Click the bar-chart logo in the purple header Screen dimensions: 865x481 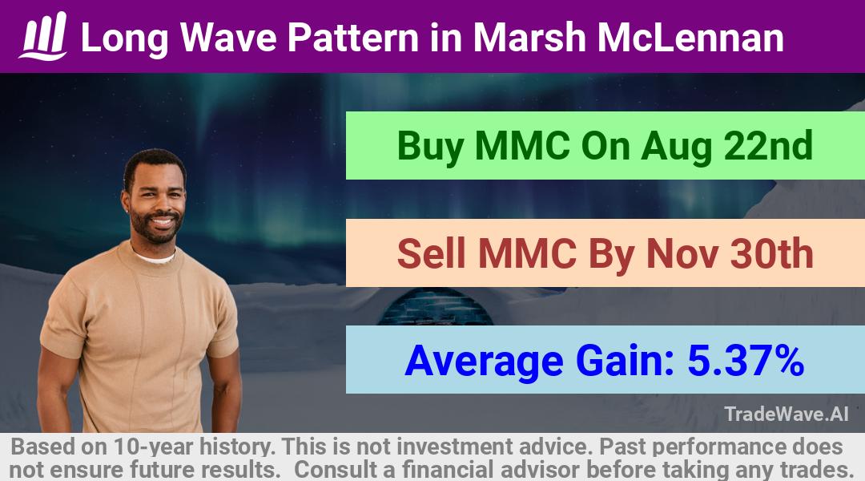pos(43,36)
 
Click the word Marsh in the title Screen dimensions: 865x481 pos(529,38)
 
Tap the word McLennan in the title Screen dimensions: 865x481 pos(690,38)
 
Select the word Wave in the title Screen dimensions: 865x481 pos(228,38)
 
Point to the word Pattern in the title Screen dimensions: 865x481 pos(353,38)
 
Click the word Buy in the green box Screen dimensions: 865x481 pos(430,147)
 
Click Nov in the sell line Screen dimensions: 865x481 pos(682,255)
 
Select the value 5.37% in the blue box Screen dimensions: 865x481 pos(746,361)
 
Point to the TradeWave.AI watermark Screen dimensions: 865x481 pos(787,414)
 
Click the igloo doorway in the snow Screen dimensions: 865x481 pos(436,308)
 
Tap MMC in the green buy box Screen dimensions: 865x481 pos(522,145)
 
